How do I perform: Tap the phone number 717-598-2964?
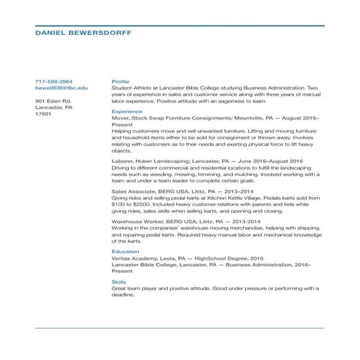(54, 81)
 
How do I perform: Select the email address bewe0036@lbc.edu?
(62, 87)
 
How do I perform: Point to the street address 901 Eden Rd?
(52, 100)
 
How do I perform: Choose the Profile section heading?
(120, 81)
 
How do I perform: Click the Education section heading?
(125, 251)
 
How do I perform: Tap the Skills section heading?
(119, 281)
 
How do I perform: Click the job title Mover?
(120, 118)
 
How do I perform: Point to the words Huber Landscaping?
(159, 161)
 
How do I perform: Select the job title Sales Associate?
(132, 191)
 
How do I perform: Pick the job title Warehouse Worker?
(135, 221)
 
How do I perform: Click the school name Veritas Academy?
(134, 257)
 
